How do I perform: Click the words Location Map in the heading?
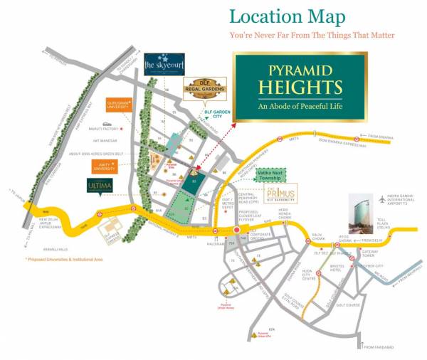(x=288, y=16)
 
